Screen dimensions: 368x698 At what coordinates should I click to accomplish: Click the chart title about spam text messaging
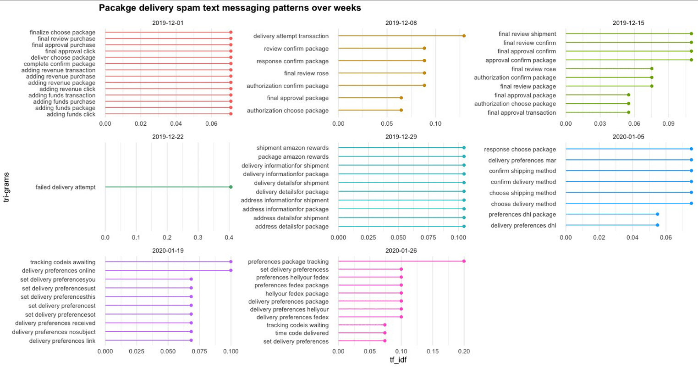coord(230,8)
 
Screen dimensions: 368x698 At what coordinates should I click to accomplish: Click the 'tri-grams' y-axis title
coord(6,187)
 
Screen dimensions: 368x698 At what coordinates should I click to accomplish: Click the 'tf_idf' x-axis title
coord(398,360)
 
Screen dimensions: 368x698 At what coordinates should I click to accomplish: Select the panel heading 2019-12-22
coord(167,137)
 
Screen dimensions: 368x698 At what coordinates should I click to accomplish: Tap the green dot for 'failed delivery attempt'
coord(231,187)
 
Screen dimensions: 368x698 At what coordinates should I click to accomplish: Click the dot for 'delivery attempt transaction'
coord(464,36)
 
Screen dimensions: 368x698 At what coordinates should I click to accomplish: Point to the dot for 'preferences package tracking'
coord(464,261)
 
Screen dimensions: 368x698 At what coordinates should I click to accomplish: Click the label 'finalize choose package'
coord(63,33)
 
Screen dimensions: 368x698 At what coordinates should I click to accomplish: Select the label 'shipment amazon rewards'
coord(292,148)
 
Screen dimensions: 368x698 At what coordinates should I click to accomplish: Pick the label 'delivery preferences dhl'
coord(523,225)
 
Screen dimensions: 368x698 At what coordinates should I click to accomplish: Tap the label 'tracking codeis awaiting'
coord(63,262)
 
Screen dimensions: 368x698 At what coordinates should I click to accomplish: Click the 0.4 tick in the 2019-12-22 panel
coord(229,238)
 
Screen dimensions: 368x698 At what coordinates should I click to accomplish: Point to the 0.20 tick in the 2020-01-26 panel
coord(464,351)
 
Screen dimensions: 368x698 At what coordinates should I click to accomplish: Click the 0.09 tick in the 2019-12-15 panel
coord(668,124)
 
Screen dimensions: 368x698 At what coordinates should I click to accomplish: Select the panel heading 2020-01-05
coord(628,137)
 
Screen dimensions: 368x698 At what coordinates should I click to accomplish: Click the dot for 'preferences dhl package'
coord(657,214)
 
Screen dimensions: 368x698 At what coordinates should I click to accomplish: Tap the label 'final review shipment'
coord(527,34)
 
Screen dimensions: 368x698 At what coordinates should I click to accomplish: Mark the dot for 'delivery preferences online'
coord(231,270)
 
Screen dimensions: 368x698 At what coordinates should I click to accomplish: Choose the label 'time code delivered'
coord(302,333)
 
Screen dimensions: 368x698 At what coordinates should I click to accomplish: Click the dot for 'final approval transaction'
coord(628,112)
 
